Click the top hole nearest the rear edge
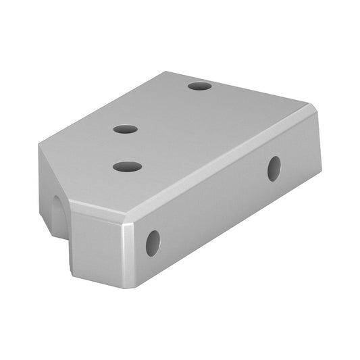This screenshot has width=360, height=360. click(199, 86)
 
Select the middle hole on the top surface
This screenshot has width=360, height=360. click(126, 129)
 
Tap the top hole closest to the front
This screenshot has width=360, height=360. click(127, 166)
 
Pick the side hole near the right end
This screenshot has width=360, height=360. click(274, 168)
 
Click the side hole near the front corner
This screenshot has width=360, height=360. click(153, 242)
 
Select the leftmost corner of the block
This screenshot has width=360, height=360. click(38, 145)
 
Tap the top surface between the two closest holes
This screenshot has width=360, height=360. click(126, 147)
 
